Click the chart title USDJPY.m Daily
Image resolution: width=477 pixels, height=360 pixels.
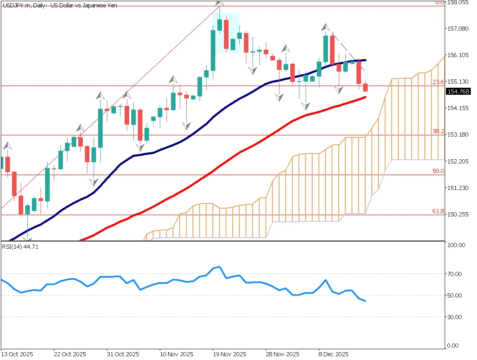pos(59,5)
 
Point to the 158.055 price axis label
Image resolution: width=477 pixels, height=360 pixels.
pos(459,2)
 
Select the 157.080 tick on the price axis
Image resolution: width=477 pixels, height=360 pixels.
pos(459,29)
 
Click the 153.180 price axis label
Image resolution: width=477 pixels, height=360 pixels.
pos(459,134)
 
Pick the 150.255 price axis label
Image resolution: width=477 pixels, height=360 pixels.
pos(459,214)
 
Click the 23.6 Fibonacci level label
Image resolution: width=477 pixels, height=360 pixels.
pos(438,82)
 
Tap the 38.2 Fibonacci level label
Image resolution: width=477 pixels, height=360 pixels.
pos(438,131)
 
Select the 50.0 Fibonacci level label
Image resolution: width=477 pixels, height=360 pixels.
pos(438,171)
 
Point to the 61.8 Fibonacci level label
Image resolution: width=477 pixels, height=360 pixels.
pos(438,211)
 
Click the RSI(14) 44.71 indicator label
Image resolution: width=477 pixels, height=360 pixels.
pos(16,247)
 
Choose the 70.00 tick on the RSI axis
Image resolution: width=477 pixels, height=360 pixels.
pos(455,274)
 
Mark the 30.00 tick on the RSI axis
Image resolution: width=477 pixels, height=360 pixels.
pos(455,317)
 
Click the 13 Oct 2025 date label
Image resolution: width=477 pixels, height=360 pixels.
pos(17,355)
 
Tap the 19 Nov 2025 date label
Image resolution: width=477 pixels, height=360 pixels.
pos(229,355)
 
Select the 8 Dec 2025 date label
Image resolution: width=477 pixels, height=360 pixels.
pos(333,355)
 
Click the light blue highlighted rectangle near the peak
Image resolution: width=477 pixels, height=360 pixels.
pos(226,33)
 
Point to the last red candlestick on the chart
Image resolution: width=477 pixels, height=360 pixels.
pos(366,87)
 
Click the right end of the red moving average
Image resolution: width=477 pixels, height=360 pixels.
pos(365,97)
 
